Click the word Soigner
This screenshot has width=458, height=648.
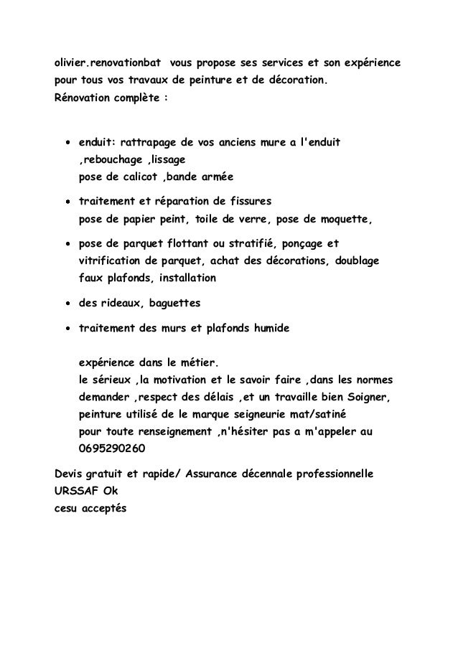(366, 397)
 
